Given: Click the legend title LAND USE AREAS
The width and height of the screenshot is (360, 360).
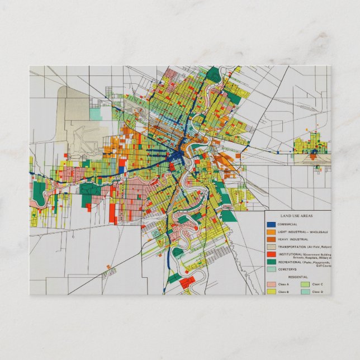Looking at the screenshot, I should (x=297, y=216).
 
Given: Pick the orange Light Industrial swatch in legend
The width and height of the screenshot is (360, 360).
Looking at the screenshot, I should (x=271, y=231).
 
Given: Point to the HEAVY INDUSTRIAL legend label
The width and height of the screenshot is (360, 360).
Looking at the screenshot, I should (x=293, y=239).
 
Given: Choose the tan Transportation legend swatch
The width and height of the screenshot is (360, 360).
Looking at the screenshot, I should (x=271, y=247).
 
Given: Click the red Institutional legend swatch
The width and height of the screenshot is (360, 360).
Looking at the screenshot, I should (x=271, y=254).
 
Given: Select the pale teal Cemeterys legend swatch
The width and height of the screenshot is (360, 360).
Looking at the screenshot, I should (x=271, y=269).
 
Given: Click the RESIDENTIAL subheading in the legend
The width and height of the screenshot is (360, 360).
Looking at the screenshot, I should (x=297, y=277).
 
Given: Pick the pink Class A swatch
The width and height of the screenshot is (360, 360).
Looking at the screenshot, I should (x=271, y=285).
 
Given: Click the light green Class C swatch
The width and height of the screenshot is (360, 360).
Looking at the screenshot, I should (x=305, y=285).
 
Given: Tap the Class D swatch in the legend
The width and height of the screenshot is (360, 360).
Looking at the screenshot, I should (x=305, y=292).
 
